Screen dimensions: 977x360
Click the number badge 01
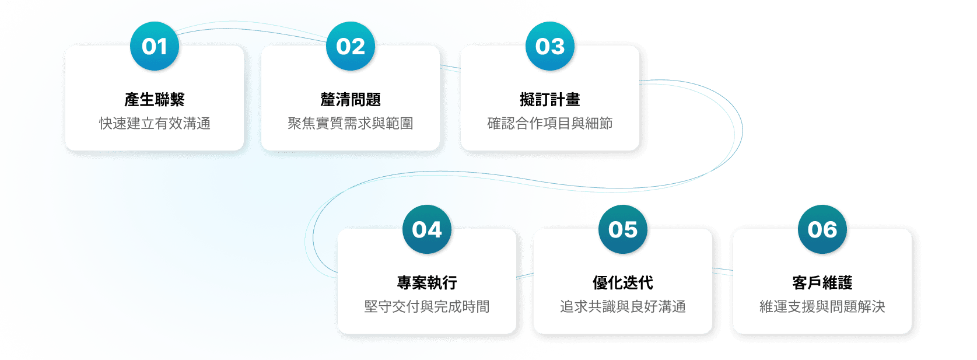(155, 47)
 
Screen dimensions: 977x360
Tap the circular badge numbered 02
(351, 47)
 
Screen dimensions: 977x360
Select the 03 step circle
(550, 47)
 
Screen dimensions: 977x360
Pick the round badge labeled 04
(427, 230)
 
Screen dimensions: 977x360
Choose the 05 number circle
(623, 230)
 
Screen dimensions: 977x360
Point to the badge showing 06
(822, 230)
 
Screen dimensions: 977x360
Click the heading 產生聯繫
(155, 100)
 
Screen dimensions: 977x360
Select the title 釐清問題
(351, 100)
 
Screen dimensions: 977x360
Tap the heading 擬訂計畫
(550, 100)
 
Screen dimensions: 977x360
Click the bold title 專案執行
(427, 283)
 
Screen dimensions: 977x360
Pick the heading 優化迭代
(623, 283)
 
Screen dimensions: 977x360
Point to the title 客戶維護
(822, 283)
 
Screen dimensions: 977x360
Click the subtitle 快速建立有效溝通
(155, 124)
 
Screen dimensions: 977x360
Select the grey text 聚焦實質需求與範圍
(351, 124)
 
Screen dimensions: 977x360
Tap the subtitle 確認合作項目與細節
(550, 124)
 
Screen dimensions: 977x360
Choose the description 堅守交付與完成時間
(427, 307)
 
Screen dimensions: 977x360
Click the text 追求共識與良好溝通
(623, 307)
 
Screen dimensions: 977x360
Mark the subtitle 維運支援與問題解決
(822, 307)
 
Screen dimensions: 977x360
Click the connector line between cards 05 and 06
(723, 271)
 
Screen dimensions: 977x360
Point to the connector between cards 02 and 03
(450, 68)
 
